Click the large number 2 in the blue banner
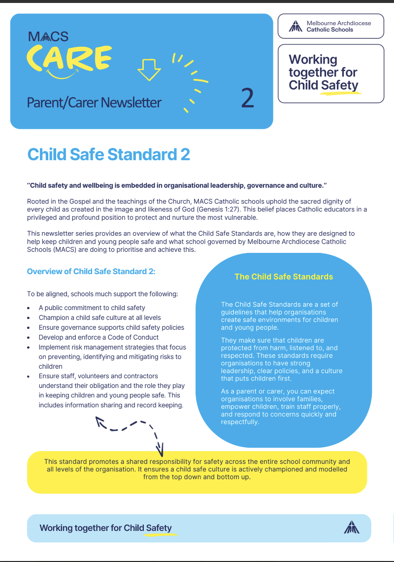pos(248,98)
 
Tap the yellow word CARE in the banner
pos(68,58)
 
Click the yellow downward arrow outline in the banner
pos(149,69)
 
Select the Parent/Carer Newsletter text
pos(94,103)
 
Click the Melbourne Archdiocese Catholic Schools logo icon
pos(295,26)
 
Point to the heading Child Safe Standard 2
pos(108,154)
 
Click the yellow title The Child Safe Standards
pos(284,277)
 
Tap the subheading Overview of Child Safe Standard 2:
pos(91,272)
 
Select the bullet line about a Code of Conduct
pos(98,337)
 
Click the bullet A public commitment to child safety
pos(92,308)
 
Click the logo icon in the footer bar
pos(351,527)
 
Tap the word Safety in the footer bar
pos(159,528)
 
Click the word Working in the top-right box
pos(313,60)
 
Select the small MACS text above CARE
pos(48,36)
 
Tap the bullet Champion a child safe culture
pos(99,317)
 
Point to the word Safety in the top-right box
pos(339,85)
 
